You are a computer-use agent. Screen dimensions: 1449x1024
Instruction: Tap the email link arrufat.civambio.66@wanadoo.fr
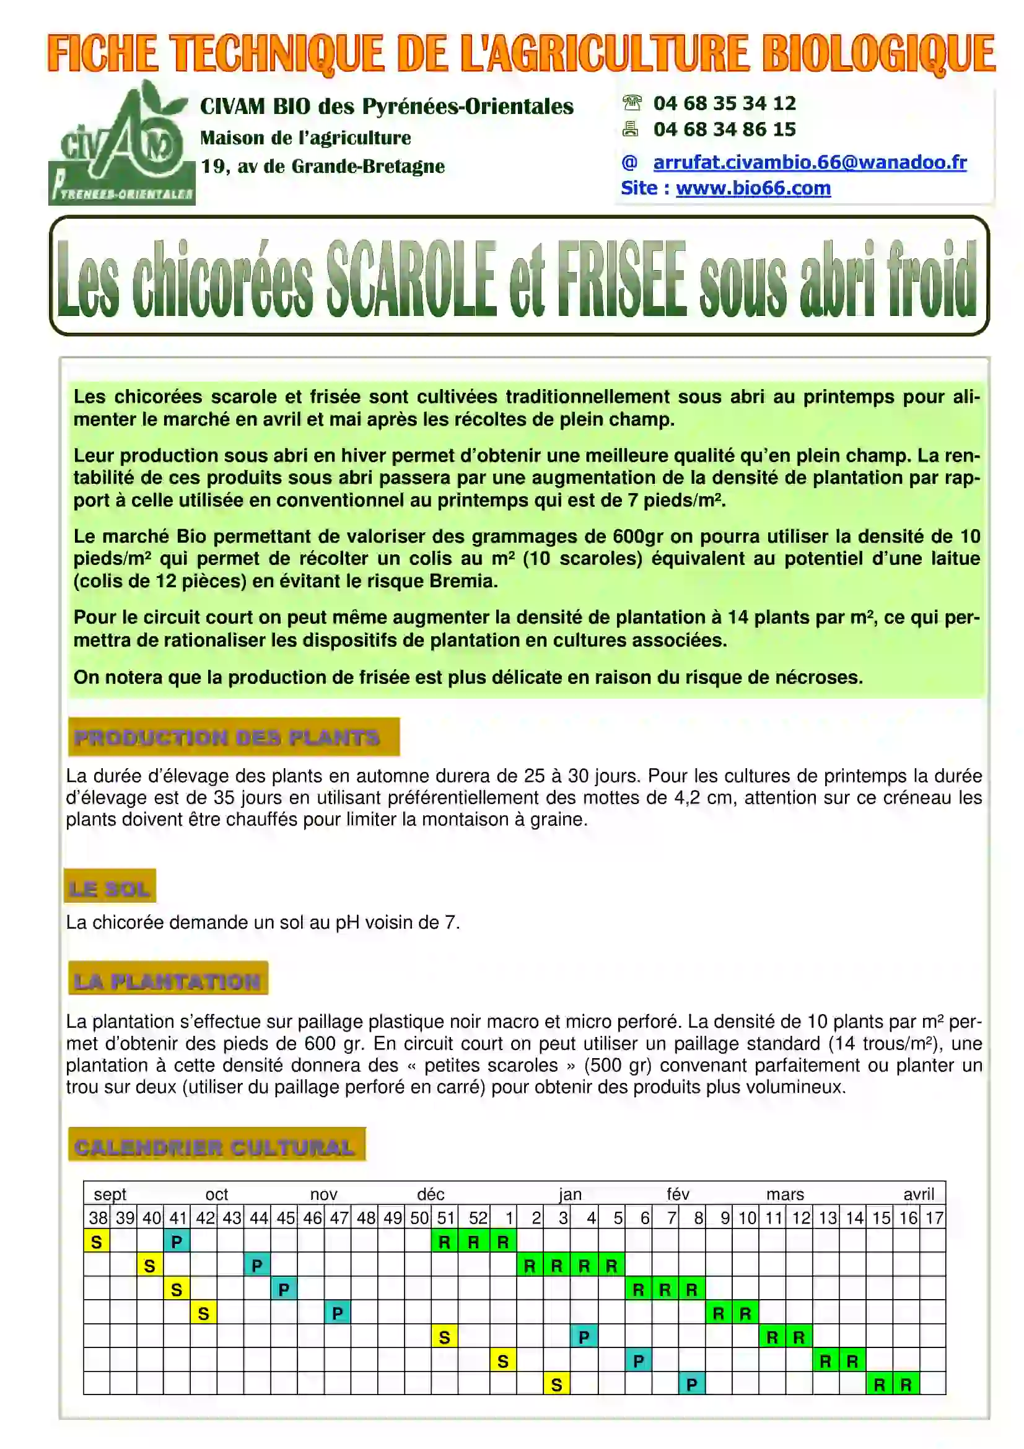click(810, 162)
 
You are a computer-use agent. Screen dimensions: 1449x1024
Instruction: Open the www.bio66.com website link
click(753, 188)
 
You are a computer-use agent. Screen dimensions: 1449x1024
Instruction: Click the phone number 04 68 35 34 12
click(724, 103)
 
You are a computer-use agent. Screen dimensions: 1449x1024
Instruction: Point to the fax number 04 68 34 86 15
click(724, 129)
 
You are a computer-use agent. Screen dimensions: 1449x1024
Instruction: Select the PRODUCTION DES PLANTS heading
click(227, 737)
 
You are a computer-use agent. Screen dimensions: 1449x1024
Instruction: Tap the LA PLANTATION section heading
click(167, 981)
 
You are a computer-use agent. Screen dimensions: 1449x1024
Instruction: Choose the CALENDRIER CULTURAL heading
click(214, 1147)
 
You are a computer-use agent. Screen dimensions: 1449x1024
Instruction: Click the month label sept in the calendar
click(110, 1194)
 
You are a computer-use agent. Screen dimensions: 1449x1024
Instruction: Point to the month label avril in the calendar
click(918, 1194)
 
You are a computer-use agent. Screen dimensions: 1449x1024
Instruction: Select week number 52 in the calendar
click(478, 1218)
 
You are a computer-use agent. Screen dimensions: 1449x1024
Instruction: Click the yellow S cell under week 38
click(97, 1242)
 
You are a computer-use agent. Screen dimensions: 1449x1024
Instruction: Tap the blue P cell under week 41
click(177, 1242)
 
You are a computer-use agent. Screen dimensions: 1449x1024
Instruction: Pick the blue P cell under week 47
click(338, 1313)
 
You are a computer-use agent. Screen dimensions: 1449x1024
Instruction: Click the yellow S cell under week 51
click(445, 1337)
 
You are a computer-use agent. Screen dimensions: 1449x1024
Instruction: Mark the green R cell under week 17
click(906, 1385)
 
